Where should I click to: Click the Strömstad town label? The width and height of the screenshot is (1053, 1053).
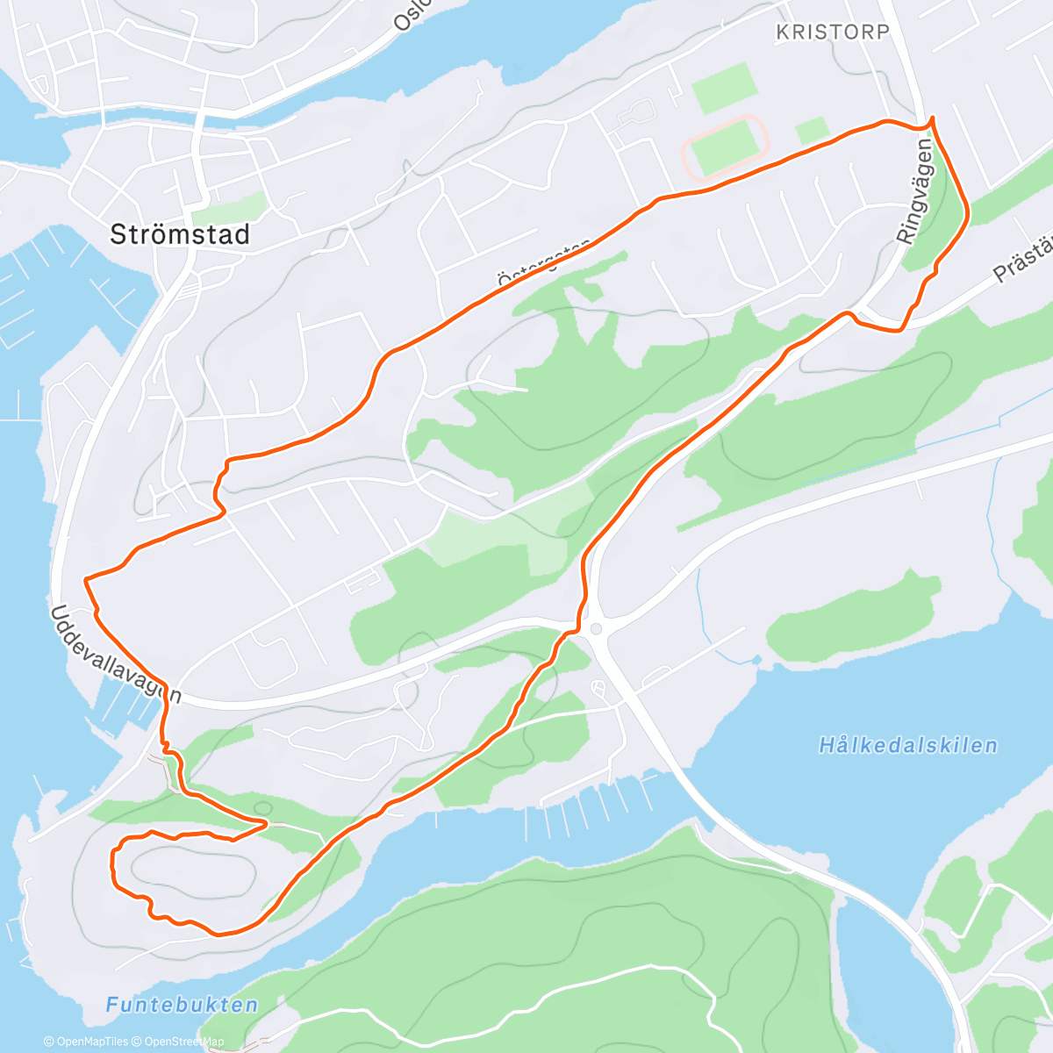(180, 235)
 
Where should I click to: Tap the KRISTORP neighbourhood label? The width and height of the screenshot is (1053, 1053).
(833, 32)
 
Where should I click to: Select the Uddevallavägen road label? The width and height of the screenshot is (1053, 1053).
(115, 654)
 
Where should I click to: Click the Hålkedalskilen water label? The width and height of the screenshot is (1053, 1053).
(908, 746)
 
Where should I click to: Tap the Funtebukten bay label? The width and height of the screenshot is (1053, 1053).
(183, 1006)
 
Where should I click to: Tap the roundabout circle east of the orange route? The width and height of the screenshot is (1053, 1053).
(597, 628)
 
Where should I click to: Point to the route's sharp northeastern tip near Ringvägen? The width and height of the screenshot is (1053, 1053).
(931, 118)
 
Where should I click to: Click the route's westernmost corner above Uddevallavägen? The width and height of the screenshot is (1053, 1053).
(85, 579)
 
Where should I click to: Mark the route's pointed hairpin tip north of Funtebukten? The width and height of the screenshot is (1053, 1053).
(267, 822)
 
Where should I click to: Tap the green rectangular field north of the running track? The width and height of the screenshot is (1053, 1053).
(724, 84)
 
